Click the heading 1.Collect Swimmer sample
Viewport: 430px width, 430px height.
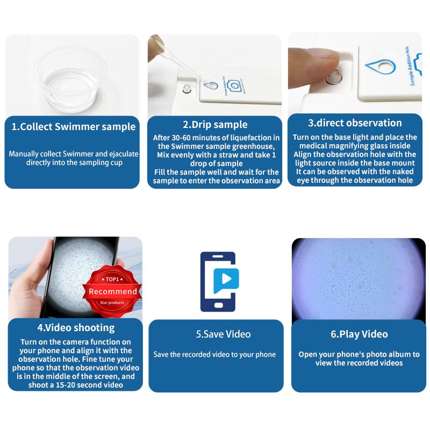pyautogui.click(x=73, y=127)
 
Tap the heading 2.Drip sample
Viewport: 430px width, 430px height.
pyautogui.click(x=214, y=125)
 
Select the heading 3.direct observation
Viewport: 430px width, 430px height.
pyautogui.click(x=355, y=123)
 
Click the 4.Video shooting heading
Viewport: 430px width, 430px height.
pyautogui.click(x=76, y=327)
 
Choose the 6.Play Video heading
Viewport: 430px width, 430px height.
pyautogui.click(x=359, y=334)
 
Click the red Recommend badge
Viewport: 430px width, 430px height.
pyautogui.click(x=112, y=291)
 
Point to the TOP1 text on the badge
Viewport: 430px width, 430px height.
pyautogui.click(x=112, y=279)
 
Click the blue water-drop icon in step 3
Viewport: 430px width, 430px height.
pyautogui.click(x=380, y=67)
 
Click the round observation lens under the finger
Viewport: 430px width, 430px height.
pyautogui.click(x=334, y=79)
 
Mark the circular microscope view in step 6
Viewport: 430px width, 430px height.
pyautogui.click(x=358, y=280)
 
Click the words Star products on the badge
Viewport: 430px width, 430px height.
pyautogui.click(x=112, y=303)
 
